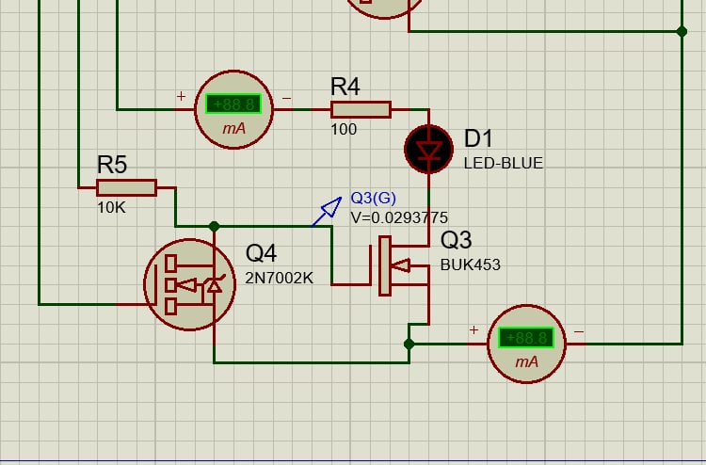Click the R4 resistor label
345,87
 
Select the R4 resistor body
361,109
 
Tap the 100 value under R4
344,129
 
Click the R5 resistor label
112,165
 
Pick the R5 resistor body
126,187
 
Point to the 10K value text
111,207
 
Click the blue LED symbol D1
429,150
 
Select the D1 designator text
478,139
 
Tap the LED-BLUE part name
504,163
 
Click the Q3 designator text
457,241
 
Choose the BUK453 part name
471,265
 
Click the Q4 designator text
263,253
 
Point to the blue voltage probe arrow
328,211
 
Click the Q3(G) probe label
374,198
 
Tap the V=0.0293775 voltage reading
399,217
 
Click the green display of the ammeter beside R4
233,104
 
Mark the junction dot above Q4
215,226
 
